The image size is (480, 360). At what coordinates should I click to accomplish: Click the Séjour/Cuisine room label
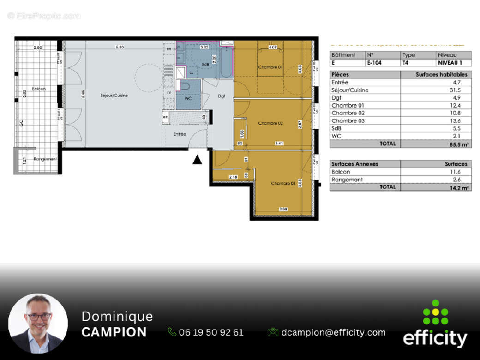(114, 96)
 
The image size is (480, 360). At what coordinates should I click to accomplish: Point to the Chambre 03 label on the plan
(283, 183)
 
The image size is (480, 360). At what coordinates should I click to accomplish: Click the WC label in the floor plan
(188, 98)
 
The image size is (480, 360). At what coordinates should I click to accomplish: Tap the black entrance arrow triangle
(197, 160)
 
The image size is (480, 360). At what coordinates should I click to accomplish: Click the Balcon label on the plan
(39, 89)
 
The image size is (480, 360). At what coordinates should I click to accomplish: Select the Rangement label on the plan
(45, 159)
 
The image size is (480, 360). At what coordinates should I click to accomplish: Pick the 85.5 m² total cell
(459, 144)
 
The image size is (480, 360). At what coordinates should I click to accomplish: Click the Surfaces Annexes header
(355, 164)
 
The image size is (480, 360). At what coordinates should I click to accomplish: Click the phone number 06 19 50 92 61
(211, 332)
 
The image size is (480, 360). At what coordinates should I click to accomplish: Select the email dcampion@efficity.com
(333, 332)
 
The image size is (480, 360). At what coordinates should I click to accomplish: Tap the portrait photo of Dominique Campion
(38, 323)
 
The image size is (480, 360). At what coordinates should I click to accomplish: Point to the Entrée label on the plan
(180, 134)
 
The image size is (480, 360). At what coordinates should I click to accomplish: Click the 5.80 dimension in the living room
(120, 47)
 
